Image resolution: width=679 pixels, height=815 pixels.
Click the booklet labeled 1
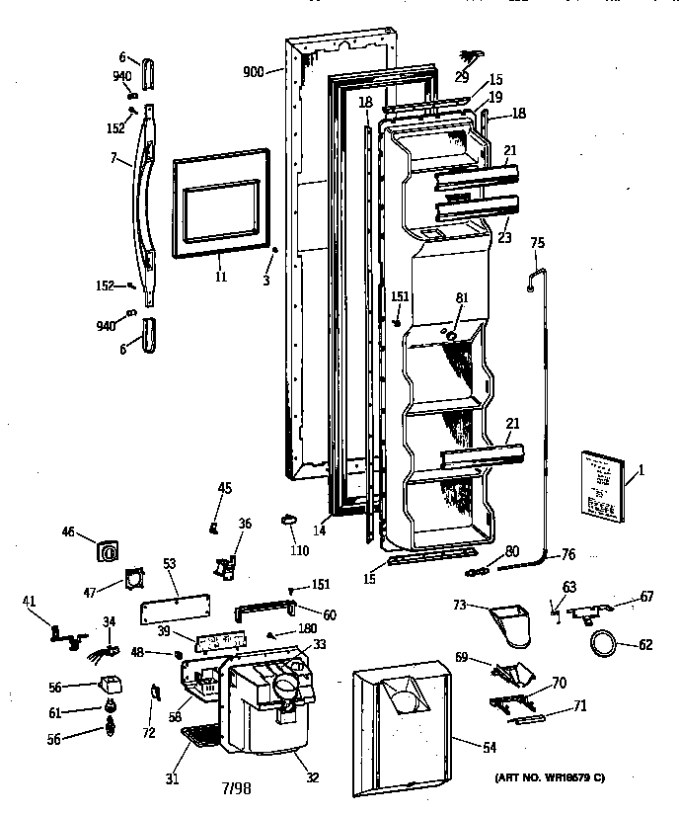(x=599, y=487)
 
